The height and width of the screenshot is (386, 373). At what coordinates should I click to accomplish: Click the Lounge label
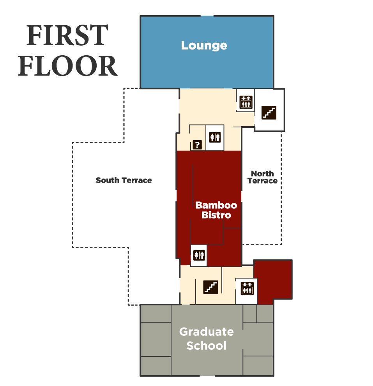204,46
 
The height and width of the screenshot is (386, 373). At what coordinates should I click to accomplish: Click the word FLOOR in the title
67,66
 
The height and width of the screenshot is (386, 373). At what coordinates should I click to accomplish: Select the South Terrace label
124,180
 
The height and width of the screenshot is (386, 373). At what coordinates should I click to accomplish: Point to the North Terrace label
262,177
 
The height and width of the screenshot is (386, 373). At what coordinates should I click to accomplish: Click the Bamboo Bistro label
216,210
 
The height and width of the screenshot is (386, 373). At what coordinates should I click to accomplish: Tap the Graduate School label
206,338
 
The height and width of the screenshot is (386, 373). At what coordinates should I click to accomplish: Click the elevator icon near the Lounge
246,102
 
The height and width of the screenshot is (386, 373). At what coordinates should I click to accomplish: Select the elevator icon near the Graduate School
247,288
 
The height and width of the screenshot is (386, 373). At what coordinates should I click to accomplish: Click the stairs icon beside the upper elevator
269,113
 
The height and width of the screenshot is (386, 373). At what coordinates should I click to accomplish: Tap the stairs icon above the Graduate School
211,287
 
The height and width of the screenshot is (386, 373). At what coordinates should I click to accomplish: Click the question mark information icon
198,145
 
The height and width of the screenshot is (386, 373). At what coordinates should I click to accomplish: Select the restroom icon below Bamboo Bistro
199,255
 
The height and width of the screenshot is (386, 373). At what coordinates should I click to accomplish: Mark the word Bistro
216,215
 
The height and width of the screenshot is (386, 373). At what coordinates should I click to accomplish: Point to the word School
206,346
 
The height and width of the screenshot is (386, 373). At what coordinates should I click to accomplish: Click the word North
262,174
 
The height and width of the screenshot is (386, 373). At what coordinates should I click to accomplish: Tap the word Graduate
206,332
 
